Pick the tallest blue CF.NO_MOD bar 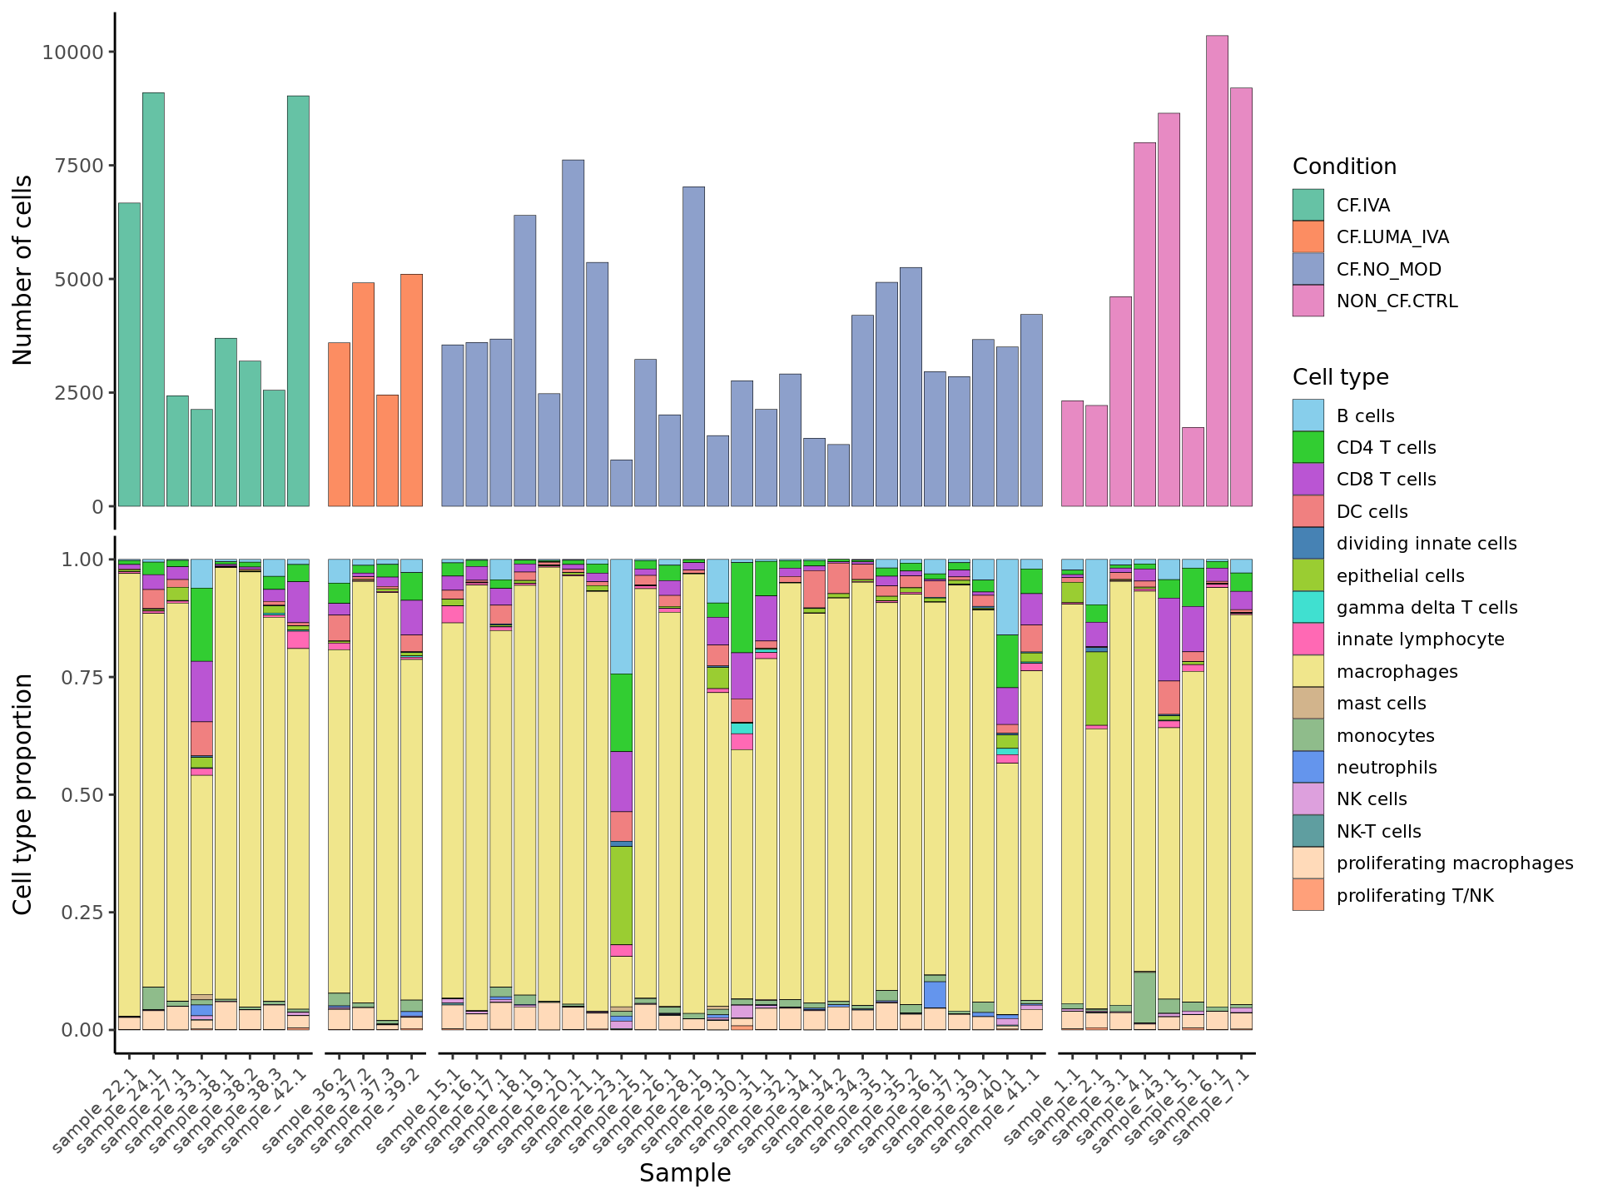point(573,333)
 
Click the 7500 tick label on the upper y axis point(73,166)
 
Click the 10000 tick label point(73,52)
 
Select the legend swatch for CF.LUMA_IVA point(1308,237)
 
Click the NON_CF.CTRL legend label point(1397,301)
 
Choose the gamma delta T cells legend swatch point(1308,608)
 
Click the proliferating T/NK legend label point(1414,896)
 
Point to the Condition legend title point(1344,167)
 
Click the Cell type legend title point(1340,377)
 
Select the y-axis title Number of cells point(23,270)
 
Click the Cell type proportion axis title point(23,794)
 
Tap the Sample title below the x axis point(684,1173)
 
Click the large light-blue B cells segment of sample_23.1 point(621,616)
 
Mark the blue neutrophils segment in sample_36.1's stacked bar point(935,994)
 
